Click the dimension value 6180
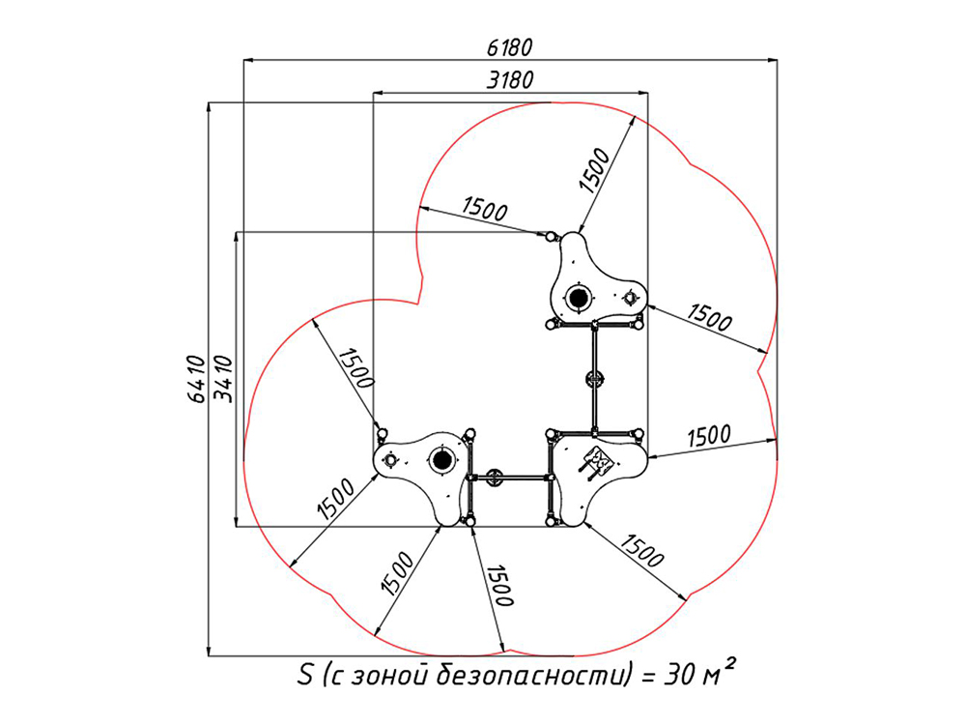[x=509, y=47]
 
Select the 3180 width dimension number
[x=510, y=80]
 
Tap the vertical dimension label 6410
[x=195, y=379]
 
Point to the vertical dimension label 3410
[x=222, y=379]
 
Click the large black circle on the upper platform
[x=578, y=299]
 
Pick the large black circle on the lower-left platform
[x=441, y=460]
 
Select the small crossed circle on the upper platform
[x=630, y=297]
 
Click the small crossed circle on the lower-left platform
[x=391, y=459]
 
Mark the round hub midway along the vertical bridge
[x=594, y=379]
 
